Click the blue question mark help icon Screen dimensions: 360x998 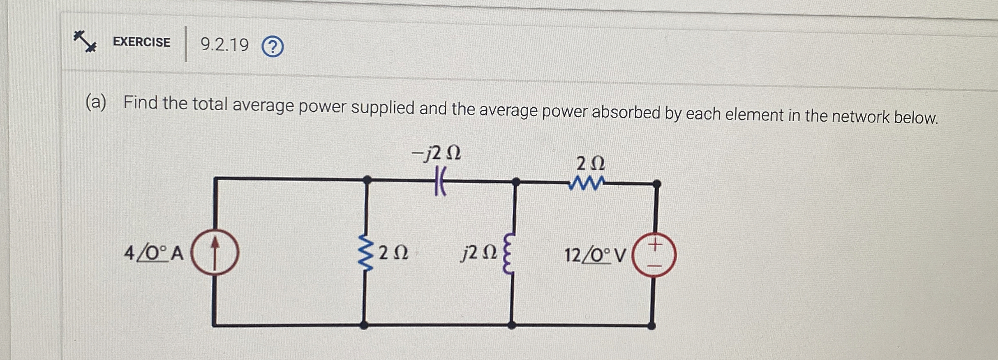coord(273,47)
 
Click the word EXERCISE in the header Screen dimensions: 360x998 coord(141,42)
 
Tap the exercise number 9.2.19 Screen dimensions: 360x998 coord(224,44)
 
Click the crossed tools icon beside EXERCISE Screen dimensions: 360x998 coord(85,41)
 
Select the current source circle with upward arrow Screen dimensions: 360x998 coord(215,252)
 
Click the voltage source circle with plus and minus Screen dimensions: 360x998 coord(654,255)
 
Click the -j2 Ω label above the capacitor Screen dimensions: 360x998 coord(436,153)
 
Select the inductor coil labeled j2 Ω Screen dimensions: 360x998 coord(509,253)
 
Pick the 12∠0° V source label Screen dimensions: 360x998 coord(594,255)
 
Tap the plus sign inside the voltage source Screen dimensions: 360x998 coord(656,244)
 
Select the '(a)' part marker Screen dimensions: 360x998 coord(96,102)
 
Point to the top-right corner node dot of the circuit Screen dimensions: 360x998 coord(656,184)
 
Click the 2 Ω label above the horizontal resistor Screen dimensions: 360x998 coord(591,164)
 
